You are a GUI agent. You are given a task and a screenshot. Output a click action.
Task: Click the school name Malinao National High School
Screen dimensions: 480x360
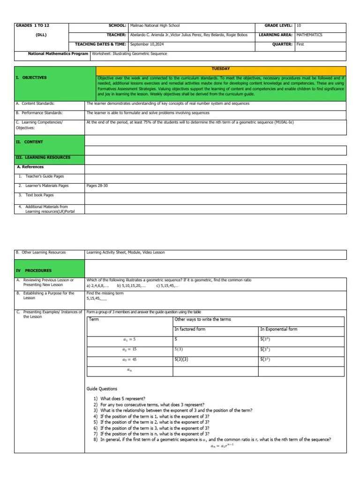(155, 26)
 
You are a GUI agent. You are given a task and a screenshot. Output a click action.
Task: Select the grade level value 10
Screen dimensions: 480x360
(299, 26)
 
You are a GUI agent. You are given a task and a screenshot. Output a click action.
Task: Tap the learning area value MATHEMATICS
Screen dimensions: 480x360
(309, 35)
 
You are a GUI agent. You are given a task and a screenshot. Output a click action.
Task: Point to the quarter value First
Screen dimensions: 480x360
(300, 45)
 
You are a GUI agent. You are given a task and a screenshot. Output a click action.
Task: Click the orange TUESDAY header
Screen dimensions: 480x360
(221, 69)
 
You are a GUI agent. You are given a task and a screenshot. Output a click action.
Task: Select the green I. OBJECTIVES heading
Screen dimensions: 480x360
(31, 78)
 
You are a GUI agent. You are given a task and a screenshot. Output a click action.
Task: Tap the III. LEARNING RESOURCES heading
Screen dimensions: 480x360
(43, 157)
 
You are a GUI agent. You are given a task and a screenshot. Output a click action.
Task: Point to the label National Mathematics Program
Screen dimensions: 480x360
(58, 54)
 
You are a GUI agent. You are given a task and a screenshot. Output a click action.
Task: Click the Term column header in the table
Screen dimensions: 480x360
(94, 320)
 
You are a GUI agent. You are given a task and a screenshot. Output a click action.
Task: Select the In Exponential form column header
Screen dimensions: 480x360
(278, 329)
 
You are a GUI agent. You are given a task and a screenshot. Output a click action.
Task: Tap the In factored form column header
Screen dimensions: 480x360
(190, 329)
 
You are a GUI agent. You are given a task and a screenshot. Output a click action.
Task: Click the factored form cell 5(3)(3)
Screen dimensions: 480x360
(181, 360)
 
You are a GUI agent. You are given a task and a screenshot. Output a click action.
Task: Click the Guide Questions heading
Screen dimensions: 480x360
(102, 389)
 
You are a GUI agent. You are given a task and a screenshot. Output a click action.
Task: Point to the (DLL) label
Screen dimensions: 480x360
(41, 35)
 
